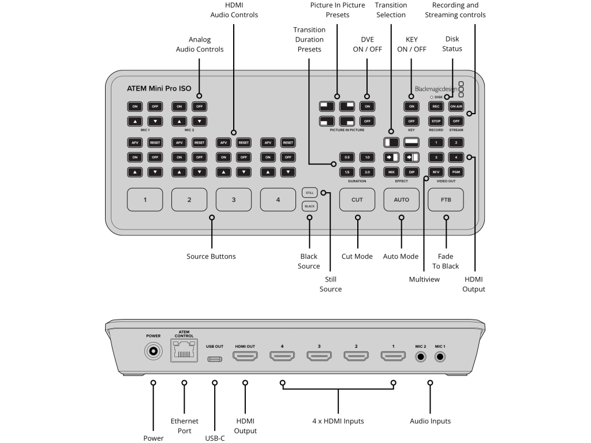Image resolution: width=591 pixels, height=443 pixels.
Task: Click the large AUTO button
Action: [401, 200]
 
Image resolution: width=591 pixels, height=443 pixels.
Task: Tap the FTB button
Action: [446, 200]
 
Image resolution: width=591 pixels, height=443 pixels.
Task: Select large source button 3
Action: [233, 200]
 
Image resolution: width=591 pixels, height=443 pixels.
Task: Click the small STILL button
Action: [309, 193]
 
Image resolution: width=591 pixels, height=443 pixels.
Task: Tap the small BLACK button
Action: [309, 206]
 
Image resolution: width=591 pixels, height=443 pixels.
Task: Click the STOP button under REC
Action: [436, 121]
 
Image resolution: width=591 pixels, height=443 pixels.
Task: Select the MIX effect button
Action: [391, 172]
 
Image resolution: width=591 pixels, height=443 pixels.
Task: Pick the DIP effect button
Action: [412, 172]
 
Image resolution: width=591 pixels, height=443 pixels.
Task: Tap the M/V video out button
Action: [436, 172]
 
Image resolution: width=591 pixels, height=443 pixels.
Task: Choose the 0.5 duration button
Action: [347, 157]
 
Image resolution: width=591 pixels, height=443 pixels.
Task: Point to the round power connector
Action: [153, 351]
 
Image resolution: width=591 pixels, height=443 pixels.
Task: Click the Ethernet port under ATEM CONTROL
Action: [184, 351]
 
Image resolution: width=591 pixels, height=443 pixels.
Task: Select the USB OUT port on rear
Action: [215, 358]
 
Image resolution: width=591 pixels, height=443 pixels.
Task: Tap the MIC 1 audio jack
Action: [441, 356]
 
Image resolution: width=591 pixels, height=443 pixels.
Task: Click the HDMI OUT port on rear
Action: [245, 356]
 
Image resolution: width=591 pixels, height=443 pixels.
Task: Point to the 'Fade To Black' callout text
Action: [446, 261]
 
